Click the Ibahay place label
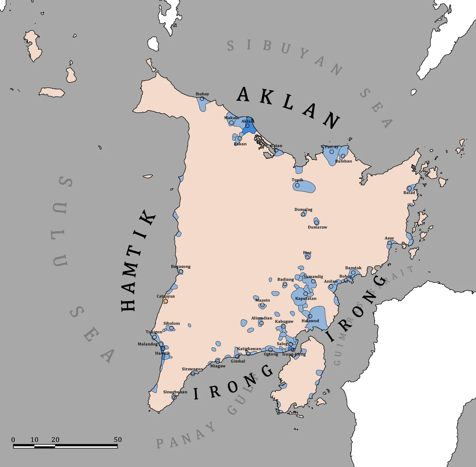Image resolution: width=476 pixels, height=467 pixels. point(202,94)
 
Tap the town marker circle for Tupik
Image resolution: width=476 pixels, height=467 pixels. point(297,185)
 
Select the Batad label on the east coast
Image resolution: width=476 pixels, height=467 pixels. point(409,193)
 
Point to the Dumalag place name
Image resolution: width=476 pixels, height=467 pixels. point(303,209)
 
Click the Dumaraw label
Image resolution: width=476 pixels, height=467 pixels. point(318,227)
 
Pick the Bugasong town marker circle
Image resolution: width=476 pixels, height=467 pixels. point(181,272)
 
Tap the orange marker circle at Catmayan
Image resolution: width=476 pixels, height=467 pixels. point(165,301)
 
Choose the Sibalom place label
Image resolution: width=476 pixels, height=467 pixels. point(171,323)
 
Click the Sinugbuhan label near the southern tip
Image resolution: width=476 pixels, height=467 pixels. point(175,392)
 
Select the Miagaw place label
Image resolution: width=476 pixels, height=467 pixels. point(218,366)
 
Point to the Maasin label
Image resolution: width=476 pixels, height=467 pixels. point(263,300)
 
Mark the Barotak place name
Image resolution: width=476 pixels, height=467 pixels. point(353,268)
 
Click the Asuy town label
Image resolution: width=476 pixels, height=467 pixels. point(389,238)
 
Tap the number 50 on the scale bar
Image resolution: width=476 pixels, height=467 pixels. point(118,439)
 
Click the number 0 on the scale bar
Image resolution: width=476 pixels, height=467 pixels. point(13,439)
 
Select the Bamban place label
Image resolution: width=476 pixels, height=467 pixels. point(344,161)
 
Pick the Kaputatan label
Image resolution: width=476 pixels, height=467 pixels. point(306,298)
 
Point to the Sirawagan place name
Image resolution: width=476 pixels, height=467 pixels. point(192,369)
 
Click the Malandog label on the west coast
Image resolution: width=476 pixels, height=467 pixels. point(148,344)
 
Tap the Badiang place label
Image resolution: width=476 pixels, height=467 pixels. point(286,279)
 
